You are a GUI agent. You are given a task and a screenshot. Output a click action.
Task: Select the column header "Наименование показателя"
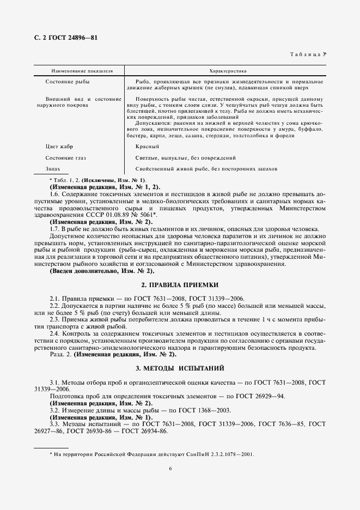[x=75, y=71]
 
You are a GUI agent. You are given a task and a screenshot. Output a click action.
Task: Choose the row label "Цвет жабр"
[x=59, y=147]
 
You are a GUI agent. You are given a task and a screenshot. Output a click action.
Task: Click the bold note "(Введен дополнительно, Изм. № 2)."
[x=102, y=271]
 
